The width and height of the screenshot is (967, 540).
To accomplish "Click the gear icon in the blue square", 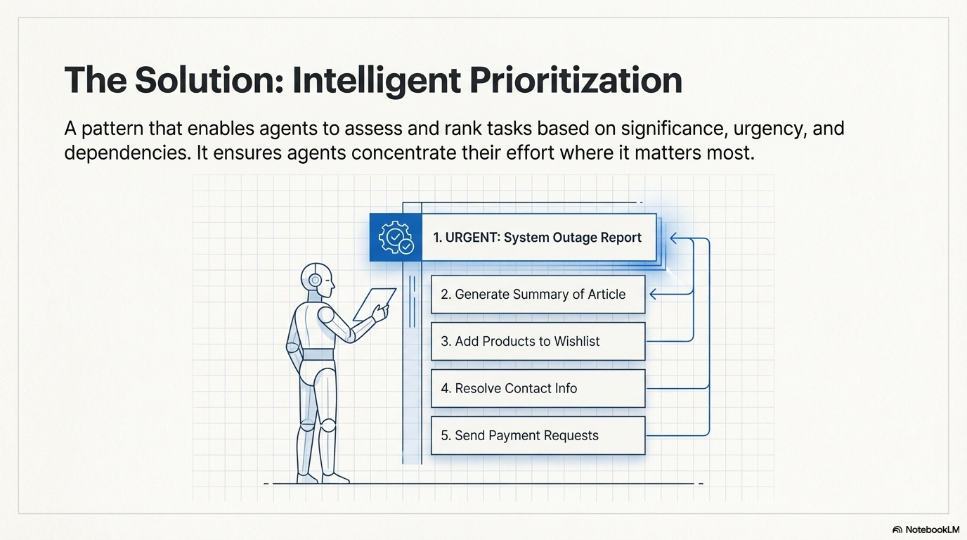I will (x=396, y=238).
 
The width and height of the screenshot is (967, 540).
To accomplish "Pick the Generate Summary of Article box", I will (x=538, y=295).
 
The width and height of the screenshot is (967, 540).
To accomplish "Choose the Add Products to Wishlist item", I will (x=538, y=342).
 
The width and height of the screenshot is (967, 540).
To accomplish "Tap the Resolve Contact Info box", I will (x=538, y=388).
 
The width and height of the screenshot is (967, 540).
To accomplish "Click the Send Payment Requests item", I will (x=538, y=435).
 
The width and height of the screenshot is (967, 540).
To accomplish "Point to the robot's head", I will (x=316, y=280).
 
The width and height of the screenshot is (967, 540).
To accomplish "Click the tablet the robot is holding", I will (x=372, y=302).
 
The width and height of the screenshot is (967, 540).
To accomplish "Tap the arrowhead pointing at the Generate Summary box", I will (x=653, y=294).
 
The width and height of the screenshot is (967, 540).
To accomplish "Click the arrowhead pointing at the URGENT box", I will (x=673, y=238).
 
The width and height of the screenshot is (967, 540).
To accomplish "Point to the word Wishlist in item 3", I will (x=576, y=342).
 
